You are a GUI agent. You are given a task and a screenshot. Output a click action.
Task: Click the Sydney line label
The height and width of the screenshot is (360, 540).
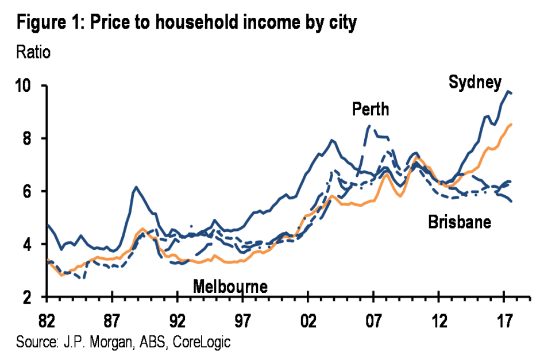coord(475,83)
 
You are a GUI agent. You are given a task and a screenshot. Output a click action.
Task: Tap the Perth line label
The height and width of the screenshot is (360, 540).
coord(371,109)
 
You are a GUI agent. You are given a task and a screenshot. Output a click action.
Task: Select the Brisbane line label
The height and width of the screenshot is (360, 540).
coord(460,222)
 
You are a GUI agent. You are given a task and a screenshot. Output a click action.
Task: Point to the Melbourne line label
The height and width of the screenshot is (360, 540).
coord(230,286)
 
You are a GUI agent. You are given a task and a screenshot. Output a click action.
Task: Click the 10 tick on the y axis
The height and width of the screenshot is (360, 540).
coord(30,86)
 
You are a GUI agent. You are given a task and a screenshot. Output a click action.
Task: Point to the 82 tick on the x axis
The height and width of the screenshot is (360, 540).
coord(47,315)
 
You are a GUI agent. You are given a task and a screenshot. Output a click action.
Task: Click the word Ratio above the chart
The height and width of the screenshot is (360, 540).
coord(33,53)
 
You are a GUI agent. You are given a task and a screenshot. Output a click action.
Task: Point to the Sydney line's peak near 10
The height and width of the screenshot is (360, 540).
coord(508,91)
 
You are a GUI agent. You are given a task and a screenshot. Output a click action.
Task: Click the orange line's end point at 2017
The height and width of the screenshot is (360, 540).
coord(511,124)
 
